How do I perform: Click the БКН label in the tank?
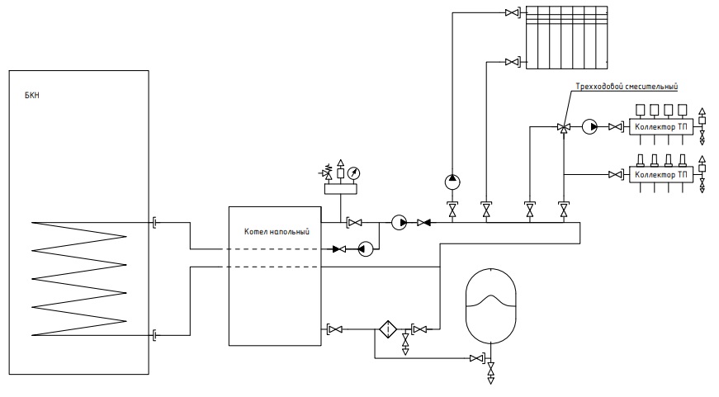[32, 96]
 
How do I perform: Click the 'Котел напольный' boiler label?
[277, 231]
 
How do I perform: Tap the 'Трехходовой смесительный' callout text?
[627, 86]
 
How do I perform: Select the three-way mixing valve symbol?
[564, 127]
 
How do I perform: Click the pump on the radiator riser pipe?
[452, 182]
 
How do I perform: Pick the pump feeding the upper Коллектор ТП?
[589, 126]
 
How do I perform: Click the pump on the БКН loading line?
[366, 249]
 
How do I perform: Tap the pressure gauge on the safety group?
[353, 173]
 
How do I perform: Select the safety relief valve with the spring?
[327, 173]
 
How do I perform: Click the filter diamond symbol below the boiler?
[388, 329]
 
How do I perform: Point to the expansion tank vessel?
[490, 305]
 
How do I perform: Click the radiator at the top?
[566, 38]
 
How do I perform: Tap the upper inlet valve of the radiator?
[512, 13]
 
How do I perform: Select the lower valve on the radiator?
[512, 61]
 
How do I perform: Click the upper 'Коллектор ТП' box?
[660, 126]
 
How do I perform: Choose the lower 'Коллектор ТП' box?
[660, 175]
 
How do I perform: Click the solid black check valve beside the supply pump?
[423, 223]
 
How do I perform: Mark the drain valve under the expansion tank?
[490, 371]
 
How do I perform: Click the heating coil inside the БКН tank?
[79, 279]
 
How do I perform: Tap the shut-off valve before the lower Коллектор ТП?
[615, 175]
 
